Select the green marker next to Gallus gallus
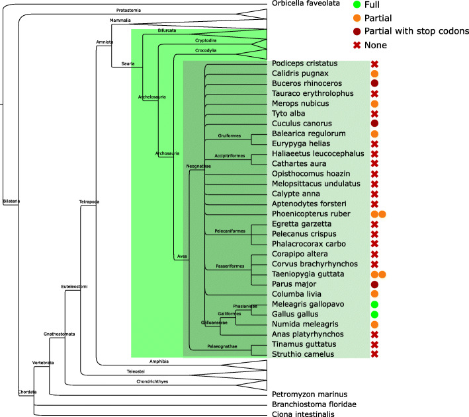pyautogui.click(x=374, y=315)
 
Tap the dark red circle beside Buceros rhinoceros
pyautogui.click(x=374, y=84)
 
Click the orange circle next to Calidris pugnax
pyautogui.click(x=374, y=74)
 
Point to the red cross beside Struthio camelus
pyautogui.click(x=374, y=354)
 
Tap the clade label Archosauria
pyautogui.click(x=167, y=153)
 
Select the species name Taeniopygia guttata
pyautogui.click(x=306, y=274)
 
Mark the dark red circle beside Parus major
pyautogui.click(x=374, y=284)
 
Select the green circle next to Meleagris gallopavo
pyautogui.click(x=374, y=305)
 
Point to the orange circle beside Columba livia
pyautogui.click(x=374, y=294)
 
